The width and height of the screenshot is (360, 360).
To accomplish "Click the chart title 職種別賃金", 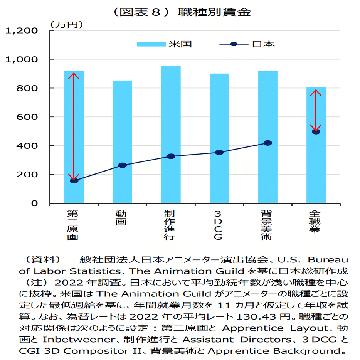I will click(214, 12).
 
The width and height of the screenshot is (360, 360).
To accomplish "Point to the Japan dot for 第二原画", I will click(74, 180).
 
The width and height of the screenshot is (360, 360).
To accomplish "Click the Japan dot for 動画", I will click(122, 165).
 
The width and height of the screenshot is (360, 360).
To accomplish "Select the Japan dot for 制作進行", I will click(171, 156).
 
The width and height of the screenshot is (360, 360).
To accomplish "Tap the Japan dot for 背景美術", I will click(267, 143).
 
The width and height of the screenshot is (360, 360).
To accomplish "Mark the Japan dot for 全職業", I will click(316, 131).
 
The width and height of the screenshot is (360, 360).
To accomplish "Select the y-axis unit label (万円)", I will click(66, 24).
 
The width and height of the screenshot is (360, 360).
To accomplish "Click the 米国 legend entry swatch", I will click(151, 44).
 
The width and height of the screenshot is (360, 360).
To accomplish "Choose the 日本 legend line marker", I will click(234, 44).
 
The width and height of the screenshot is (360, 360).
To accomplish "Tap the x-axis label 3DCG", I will click(218, 225).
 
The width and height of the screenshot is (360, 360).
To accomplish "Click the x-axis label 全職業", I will click(315, 221).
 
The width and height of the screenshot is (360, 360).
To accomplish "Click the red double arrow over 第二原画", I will click(74, 126).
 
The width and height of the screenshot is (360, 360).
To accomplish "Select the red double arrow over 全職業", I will click(316, 111).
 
